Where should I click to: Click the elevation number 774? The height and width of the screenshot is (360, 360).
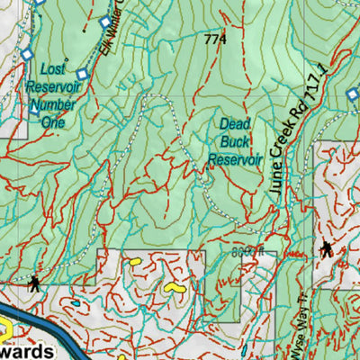215,40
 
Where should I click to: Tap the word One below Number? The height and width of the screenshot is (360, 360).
53,121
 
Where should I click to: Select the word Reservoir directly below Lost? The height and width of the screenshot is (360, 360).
53,87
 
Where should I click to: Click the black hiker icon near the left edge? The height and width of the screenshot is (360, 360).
34,283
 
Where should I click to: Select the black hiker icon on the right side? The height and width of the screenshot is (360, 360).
325,249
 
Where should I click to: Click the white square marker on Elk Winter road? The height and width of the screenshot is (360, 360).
105,22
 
